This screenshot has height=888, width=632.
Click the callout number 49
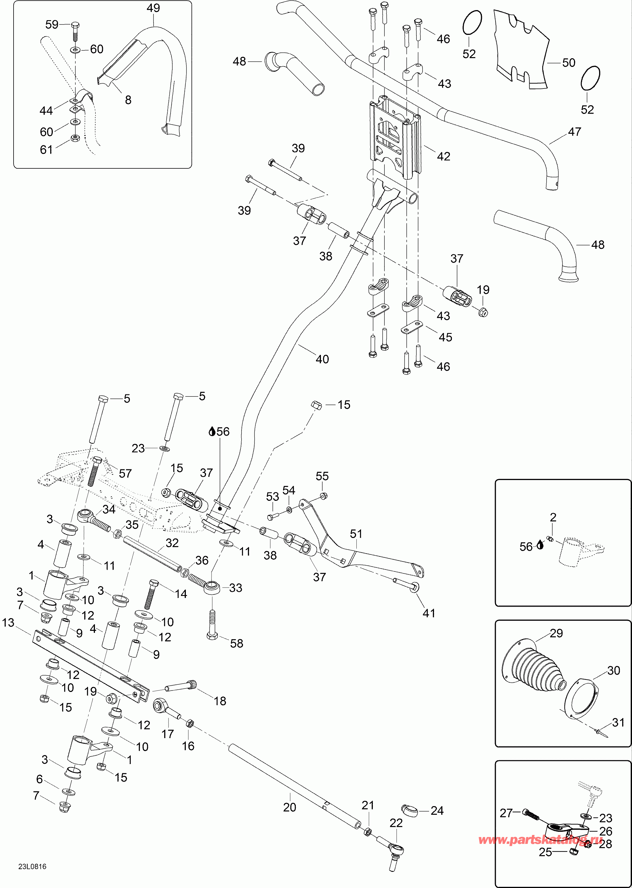click(153, 8)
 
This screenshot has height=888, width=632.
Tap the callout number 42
click(443, 156)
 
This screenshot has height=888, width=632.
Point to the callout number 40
click(322, 359)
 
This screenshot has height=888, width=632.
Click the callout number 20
click(289, 808)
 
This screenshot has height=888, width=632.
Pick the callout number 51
click(356, 534)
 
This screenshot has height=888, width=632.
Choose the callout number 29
click(556, 633)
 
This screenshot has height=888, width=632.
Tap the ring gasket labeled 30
click(581, 700)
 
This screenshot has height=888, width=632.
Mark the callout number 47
click(574, 132)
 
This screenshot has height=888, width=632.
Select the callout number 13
click(8, 623)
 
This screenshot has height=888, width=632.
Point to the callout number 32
click(172, 543)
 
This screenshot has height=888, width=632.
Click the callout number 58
click(237, 644)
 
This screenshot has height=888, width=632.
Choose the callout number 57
click(125, 473)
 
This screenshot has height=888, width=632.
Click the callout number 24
click(437, 811)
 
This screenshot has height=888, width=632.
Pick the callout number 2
click(553, 517)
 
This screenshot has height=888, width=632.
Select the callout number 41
click(429, 613)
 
